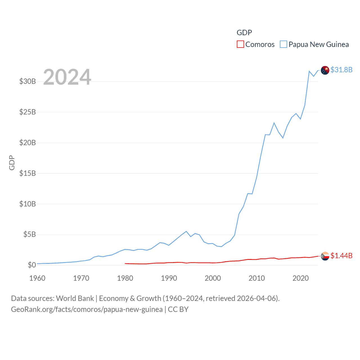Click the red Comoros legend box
click(240, 44)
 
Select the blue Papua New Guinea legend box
click(283, 44)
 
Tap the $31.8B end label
click(341, 70)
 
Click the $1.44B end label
click(341, 256)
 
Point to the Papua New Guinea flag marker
click(325, 70)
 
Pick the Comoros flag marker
click(325, 256)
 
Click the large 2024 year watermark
click(67, 77)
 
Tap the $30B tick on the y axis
click(28, 82)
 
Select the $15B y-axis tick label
click(28, 173)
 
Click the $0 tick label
click(32, 265)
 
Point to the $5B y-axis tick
click(30, 234)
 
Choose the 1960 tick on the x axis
click(37, 278)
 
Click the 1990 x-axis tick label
click(169, 278)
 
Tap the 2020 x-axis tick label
click(301, 278)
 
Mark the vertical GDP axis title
click(12, 163)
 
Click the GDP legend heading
click(244, 33)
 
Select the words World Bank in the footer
click(75, 298)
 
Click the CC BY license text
click(178, 309)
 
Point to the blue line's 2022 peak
click(309, 71)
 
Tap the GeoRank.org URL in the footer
click(87, 309)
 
